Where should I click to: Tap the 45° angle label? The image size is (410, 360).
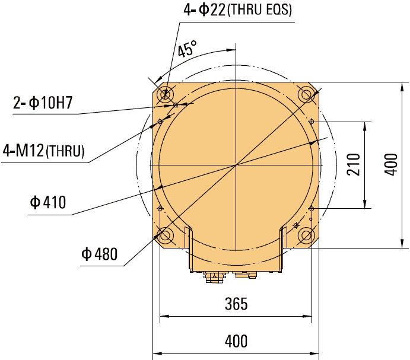coord(186,49)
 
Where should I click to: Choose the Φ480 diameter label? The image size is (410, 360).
coord(100,255)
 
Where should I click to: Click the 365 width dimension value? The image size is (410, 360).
coord(236,304)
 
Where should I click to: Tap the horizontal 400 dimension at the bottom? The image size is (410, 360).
coord(236,342)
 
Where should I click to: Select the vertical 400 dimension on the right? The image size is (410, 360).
coord(390,164)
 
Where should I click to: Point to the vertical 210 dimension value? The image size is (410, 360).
coord(354,164)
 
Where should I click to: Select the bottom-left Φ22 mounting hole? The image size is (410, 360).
coord(164,236)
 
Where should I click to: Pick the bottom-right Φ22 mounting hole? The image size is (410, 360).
coord(307,236)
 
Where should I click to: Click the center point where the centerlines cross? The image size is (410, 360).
coord(236,164)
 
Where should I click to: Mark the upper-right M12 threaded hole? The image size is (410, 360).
coord(312,122)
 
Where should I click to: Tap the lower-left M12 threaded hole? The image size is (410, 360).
coord(160,208)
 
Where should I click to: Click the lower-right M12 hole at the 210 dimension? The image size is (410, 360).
coord(312,208)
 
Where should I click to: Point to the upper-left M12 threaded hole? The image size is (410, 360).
coord(160,122)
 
